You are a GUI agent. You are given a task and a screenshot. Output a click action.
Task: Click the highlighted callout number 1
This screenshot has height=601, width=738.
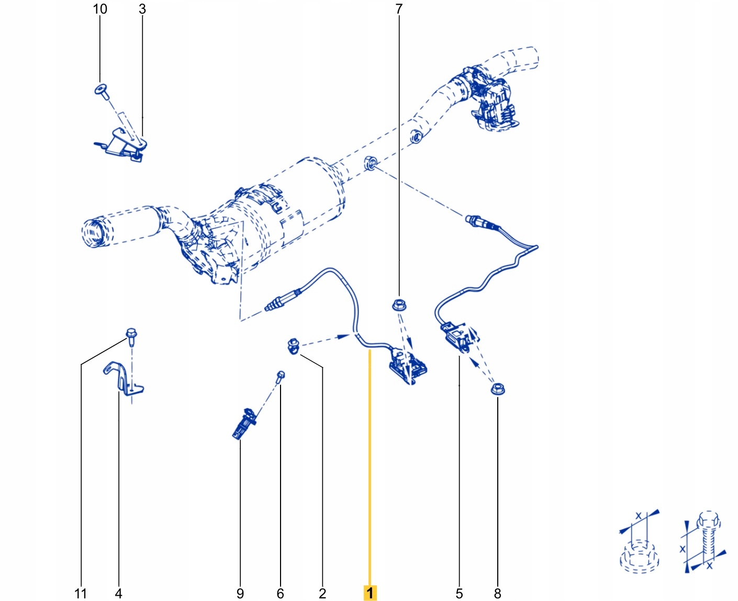click(370, 593)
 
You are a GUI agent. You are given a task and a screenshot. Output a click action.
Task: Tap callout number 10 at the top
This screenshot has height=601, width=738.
click(100, 9)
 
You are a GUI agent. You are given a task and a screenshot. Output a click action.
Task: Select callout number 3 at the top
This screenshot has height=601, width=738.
click(142, 9)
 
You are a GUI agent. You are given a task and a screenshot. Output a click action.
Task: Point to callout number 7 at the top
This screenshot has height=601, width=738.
click(399, 9)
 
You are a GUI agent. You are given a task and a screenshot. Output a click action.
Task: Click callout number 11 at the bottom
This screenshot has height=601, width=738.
click(81, 593)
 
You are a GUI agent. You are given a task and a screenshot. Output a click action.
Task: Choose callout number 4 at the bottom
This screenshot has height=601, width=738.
click(118, 593)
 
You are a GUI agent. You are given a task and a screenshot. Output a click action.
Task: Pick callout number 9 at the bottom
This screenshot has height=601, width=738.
click(240, 593)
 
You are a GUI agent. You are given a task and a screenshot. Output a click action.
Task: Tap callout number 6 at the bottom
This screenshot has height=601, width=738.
click(280, 593)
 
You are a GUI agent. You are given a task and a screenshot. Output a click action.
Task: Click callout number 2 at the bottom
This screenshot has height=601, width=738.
click(322, 593)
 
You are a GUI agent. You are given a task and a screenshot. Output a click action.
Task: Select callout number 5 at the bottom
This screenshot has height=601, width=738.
click(459, 593)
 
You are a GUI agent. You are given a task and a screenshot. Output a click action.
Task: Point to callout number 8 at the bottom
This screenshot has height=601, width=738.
click(497, 593)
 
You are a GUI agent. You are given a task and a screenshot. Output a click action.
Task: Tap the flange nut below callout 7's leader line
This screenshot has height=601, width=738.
click(399, 304)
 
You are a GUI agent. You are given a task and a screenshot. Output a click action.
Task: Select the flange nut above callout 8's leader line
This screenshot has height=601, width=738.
click(497, 389)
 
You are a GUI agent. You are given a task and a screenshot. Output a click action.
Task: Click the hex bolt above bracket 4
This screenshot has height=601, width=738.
click(131, 335)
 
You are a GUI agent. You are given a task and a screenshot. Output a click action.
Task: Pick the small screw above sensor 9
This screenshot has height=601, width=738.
click(281, 375)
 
